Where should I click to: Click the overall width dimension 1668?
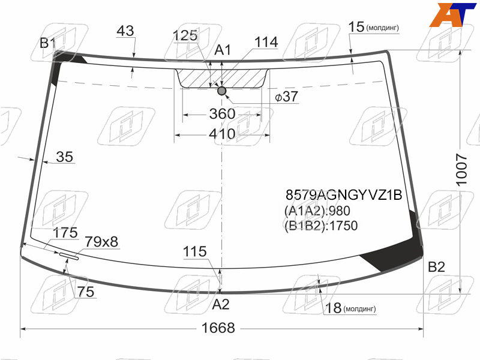coord(218,328)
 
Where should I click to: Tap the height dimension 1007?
coord(461,170)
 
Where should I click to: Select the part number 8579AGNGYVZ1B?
coord(344,194)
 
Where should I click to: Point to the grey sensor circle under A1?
coord(221,91)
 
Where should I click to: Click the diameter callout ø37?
coord(286,97)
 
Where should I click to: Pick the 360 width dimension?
coord(222,114)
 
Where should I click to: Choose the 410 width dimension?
coord(222,134)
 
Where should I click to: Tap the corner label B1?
coord(47,43)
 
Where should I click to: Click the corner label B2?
coord(436,266)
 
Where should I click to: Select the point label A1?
coord(223,50)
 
